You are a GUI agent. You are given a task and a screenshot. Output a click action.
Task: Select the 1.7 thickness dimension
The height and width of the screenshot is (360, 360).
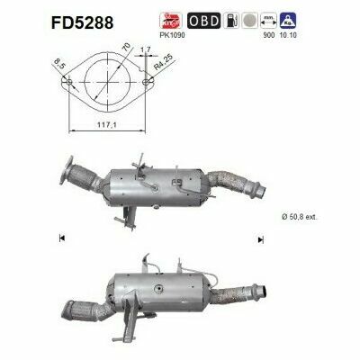pyautogui.click(x=144, y=64)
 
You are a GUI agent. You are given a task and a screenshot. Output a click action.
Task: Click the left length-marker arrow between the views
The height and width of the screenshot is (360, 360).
pyautogui.click(x=61, y=239)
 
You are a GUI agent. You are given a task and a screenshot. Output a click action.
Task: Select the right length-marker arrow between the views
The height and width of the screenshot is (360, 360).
pyautogui.click(x=259, y=239)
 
